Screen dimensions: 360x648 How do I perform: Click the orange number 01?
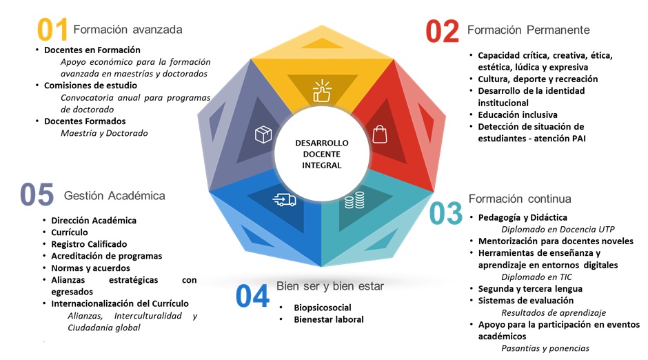[x=52, y=30]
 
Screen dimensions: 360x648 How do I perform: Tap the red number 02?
[x=442, y=31]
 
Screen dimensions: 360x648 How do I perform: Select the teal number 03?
[x=446, y=213]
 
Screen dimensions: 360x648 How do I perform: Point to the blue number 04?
[x=252, y=296]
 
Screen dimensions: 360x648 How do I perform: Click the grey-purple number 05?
[x=37, y=194]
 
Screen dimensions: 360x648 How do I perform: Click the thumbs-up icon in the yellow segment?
[x=322, y=92]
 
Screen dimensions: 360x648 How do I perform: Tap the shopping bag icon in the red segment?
[x=380, y=133]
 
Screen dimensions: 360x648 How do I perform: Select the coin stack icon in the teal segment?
[x=354, y=201]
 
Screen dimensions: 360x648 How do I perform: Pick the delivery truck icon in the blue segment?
[x=285, y=200]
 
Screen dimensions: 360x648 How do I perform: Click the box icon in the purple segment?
[x=263, y=134]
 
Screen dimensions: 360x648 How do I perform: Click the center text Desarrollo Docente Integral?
[x=321, y=154]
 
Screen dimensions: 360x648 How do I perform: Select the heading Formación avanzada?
[x=128, y=30]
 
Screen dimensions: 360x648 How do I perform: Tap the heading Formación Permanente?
[x=528, y=30]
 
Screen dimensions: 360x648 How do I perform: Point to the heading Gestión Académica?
[x=114, y=196]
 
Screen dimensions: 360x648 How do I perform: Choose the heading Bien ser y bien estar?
[x=330, y=286]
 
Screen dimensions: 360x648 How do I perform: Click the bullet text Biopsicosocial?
[x=323, y=307]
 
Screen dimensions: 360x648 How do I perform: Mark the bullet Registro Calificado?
[x=89, y=244]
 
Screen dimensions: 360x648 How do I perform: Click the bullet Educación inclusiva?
[x=518, y=114]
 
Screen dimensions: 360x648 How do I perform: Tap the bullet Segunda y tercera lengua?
[x=530, y=288]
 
